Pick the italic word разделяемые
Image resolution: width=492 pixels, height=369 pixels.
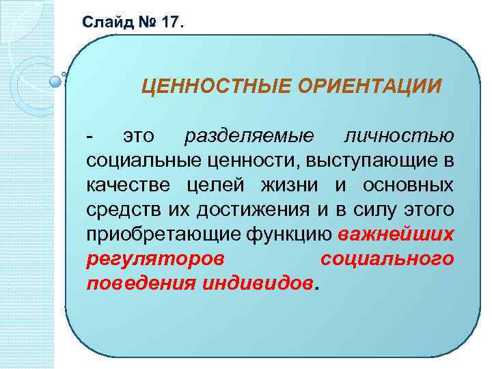(249, 136)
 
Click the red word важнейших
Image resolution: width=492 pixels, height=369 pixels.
(396, 234)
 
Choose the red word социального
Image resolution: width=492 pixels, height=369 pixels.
(387, 259)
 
